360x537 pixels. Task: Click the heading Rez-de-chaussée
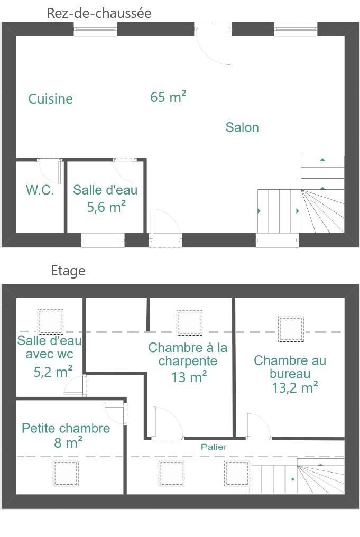pyautogui.click(x=99, y=13)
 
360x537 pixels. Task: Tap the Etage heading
pyautogui.click(x=68, y=271)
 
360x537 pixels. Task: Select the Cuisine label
pyautogui.click(x=50, y=99)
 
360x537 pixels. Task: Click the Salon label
pyautogui.click(x=242, y=127)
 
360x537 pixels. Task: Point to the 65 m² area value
pyautogui.click(x=168, y=97)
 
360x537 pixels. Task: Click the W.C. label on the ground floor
pyautogui.click(x=40, y=190)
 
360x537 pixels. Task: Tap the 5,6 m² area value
pyautogui.click(x=107, y=207)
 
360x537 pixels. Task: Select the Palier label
pyautogui.click(x=214, y=447)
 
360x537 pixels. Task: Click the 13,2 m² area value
pyautogui.click(x=295, y=387)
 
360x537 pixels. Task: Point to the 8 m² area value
pyautogui.click(x=68, y=442)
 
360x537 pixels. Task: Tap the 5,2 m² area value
pyautogui.click(x=53, y=371)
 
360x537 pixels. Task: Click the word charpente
pyautogui.click(x=188, y=362)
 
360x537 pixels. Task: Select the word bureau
pyautogui.click(x=290, y=374)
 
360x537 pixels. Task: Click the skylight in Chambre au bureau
pyautogui.click(x=291, y=329)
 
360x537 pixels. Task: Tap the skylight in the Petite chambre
pyautogui.click(x=66, y=473)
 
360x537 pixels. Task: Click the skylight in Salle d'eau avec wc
pyautogui.click(x=50, y=321)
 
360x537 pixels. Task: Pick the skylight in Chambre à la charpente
pyautogui.click(x=189, y=322)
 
